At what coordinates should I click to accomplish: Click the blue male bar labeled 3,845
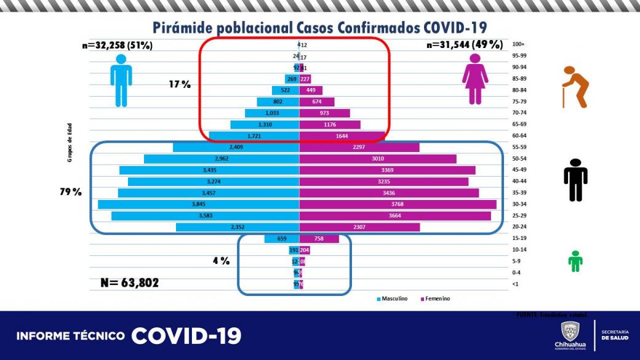[x=198, y=204]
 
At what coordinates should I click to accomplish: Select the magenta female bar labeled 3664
[x=394, y=216]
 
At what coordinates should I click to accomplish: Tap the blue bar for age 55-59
[x=236, y=147]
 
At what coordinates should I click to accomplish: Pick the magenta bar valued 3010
[x=377, y=159]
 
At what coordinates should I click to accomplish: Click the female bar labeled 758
[x=319, y=239]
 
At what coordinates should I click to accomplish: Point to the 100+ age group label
[x=518, y=44]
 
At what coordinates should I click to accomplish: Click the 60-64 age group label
[x=519, y=135]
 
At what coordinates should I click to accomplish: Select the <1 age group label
[x=515, y=284]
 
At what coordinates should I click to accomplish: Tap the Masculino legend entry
[x=391, y=298]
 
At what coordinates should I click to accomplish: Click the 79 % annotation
[x=71, y=192]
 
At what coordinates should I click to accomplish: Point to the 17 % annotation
[x=180, y=84]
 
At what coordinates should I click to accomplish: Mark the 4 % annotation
[x=221, y=261]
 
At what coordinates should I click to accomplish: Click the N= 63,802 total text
[x=129, y=283]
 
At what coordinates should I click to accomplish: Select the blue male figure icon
[x=121, y=80]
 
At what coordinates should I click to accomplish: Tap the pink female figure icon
[x=475, y=79]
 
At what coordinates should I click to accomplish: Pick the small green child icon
[x=575, y=261]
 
